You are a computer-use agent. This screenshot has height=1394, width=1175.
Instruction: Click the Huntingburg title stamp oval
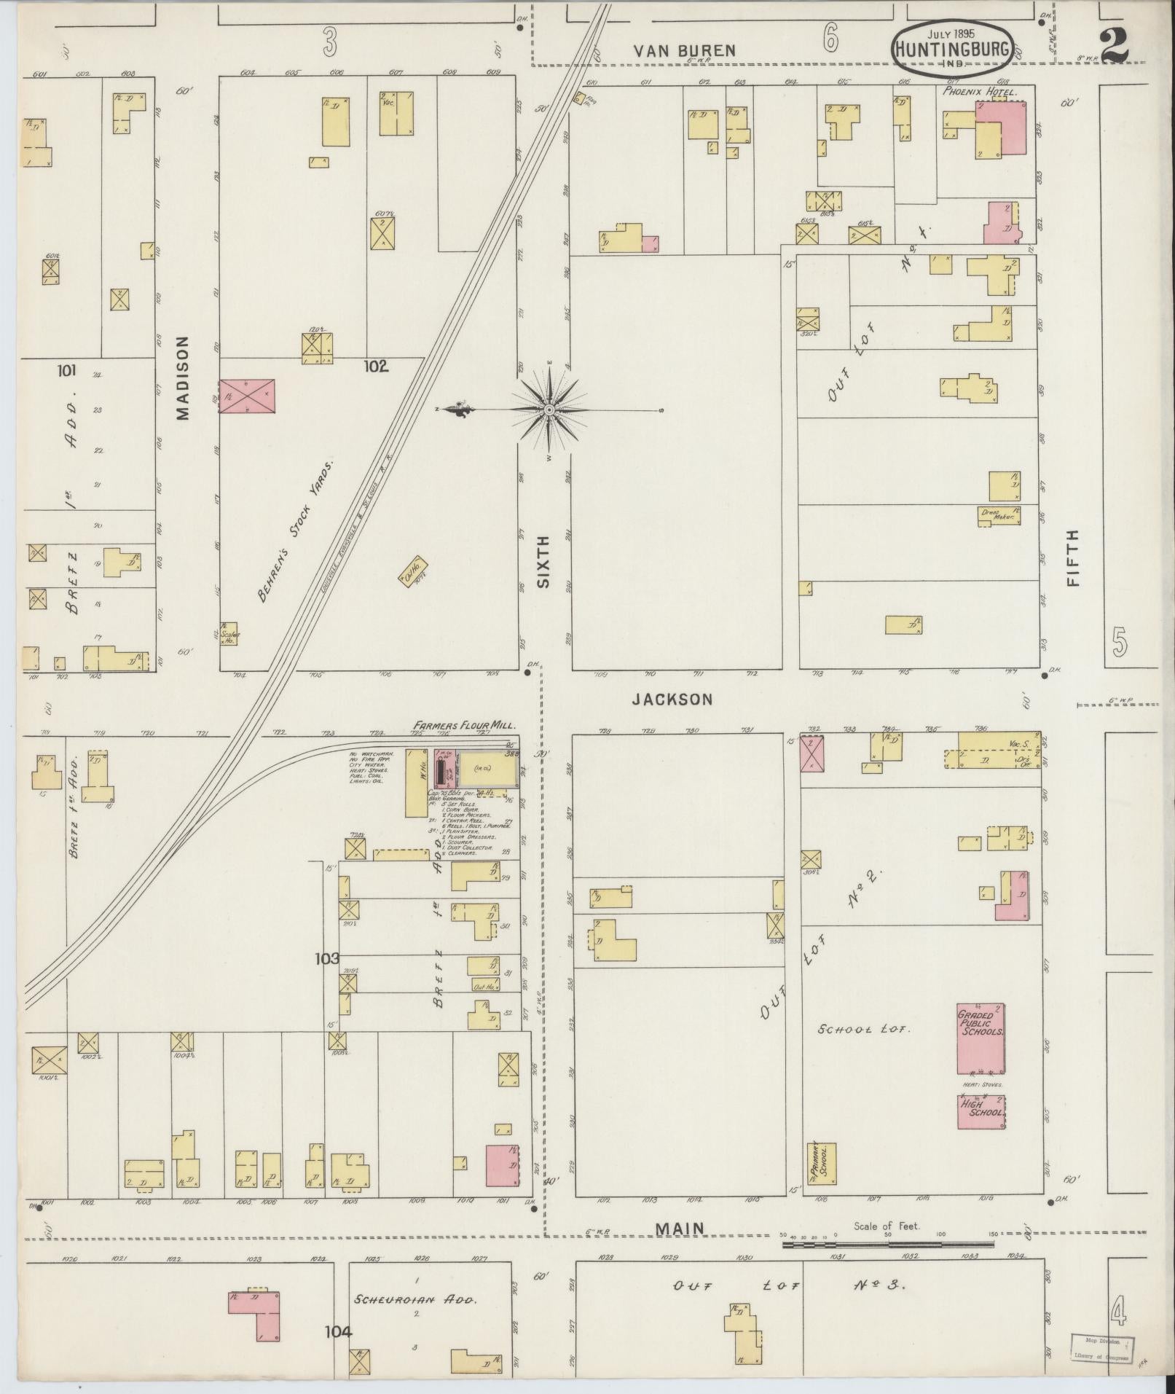[951, 49]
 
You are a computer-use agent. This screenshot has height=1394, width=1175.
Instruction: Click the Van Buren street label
[684, 50]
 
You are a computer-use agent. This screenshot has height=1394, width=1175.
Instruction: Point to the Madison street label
[182, 377]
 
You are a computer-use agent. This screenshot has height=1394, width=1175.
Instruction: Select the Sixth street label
[544, 562]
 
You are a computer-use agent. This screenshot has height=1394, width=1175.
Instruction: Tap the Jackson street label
[672, 700]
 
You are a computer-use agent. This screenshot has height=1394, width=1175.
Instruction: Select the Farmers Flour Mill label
[465, 726]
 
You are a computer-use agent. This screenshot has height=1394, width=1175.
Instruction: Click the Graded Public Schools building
[981, 1038]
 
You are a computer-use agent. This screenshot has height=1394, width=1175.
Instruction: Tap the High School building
[981, 1112]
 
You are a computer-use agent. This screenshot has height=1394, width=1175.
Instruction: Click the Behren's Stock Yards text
[294, 531]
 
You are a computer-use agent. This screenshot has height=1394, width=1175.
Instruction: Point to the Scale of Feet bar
[887, 1245]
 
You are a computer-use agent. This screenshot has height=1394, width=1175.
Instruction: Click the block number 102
[377, 366]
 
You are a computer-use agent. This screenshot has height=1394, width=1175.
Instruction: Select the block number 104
[338, 1331]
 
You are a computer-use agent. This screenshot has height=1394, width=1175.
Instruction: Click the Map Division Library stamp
[1103, 1349]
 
